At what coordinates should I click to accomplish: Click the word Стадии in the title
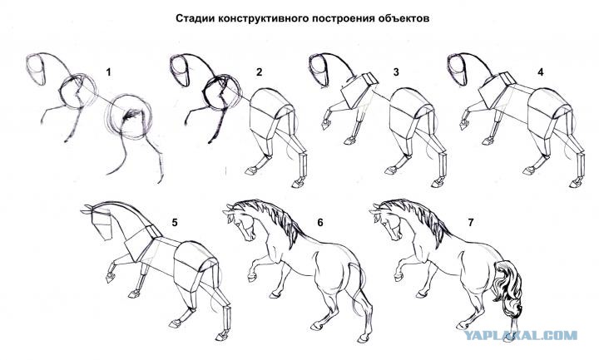196,18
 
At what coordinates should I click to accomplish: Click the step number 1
108,72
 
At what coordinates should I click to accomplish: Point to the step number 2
260,72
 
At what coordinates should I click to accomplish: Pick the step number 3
396,72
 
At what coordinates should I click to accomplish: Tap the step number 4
541,72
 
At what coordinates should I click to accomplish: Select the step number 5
175,222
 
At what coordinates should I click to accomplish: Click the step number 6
320,222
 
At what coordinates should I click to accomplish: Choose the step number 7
471,222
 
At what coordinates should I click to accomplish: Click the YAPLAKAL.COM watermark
521,336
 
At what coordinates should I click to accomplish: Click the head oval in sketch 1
36,70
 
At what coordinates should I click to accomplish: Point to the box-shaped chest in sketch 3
359,90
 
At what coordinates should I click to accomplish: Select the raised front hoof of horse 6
251,276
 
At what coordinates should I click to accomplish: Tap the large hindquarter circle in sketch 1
130,116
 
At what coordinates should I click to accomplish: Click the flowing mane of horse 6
273,221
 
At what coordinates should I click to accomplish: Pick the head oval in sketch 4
457,70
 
